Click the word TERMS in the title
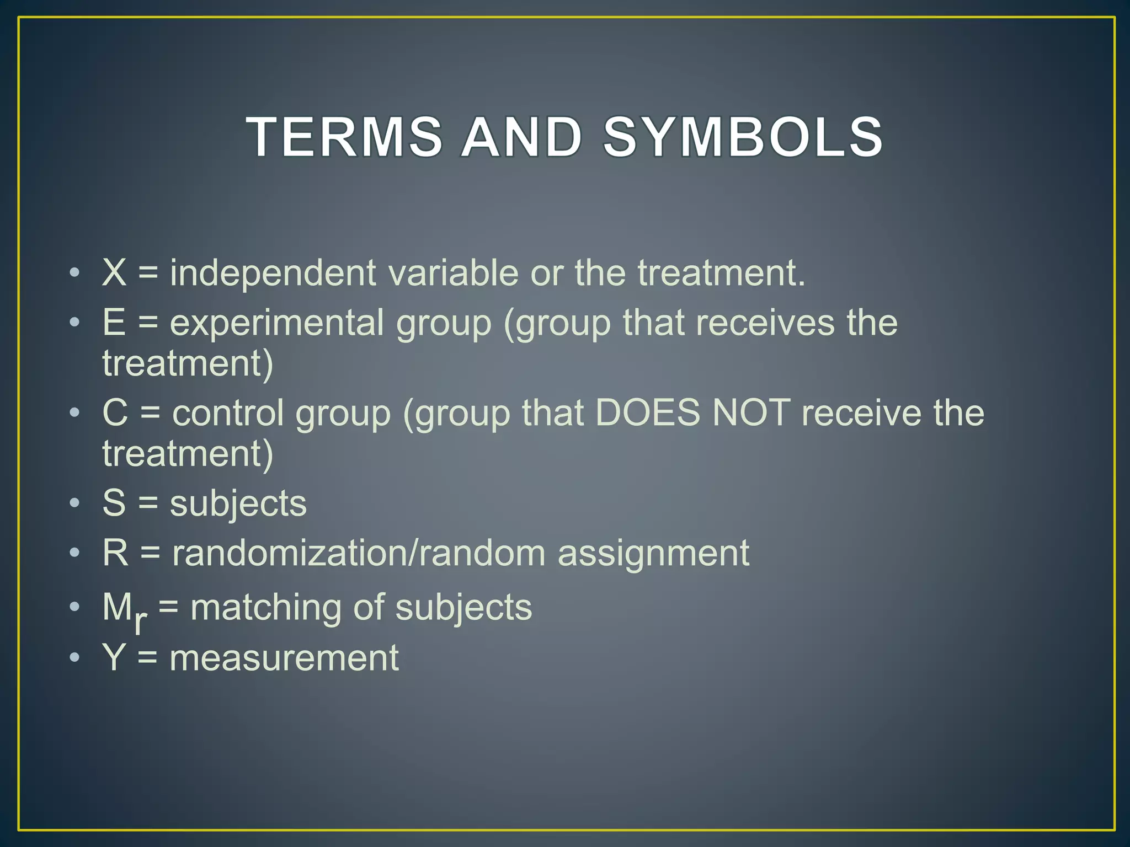click(x=344, y=137)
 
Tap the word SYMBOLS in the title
click(x=743, y=137)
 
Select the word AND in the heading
click(x=521, y=137)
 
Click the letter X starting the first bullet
click(x=114, y=272)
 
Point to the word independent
click(x=273, y=274)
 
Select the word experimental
click(x=276, y=324)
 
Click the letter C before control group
click(x=115, y=413)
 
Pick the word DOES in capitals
click(x=648, y=413)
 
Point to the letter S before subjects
click(x=114, y=503)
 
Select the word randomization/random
click(x=359, y=553)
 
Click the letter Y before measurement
click(x=114, y=658)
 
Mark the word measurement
click(x=284, y=658)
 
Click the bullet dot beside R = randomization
click(x=74, y=553)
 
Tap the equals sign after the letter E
click(x=148, y=323)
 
